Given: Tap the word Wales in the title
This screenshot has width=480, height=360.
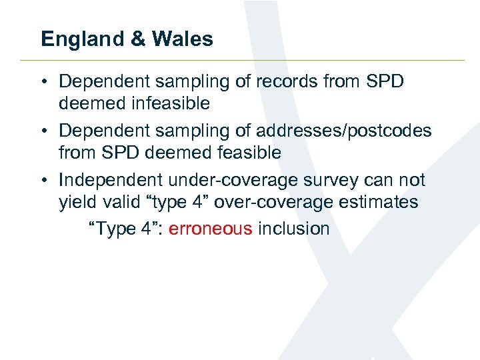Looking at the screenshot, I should point(182,39).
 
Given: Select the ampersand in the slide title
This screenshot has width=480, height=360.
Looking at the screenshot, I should point(139,39).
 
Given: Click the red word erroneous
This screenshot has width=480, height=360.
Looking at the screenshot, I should point(211,229).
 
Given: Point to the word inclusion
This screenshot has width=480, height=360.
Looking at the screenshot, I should point(294,229).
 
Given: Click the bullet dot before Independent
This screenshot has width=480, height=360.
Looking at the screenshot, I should point(42,181).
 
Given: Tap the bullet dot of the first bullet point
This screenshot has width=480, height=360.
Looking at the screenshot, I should point(42,82).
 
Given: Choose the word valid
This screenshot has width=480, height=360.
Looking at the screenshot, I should point(119,202).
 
